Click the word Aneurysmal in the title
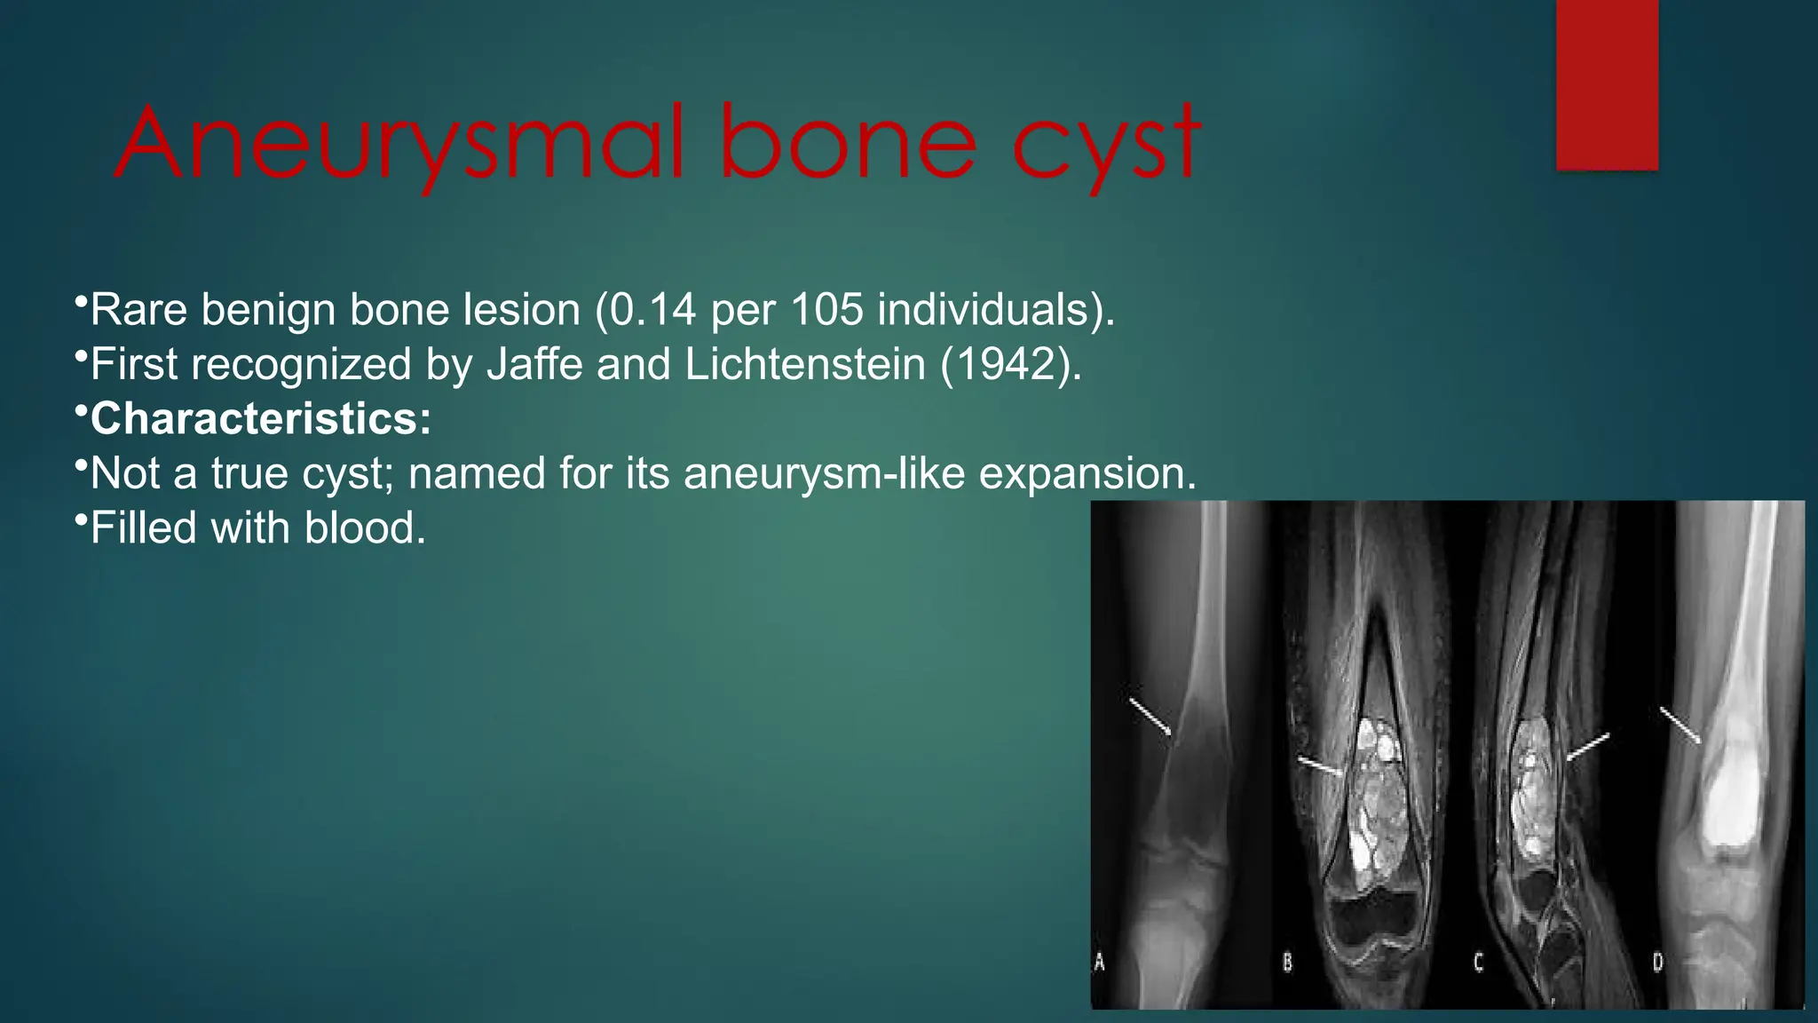click(x=399, y=144)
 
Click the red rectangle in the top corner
click(x=1607, y=84)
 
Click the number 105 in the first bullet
click(x=826, y=310)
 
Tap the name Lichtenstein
click(x=805, y=364)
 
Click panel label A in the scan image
click(x=1100, y=962)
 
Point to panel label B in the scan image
click(x=1287, y=962)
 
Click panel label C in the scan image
click(x=1478, y=962)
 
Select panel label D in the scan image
click(x=1657, y=962)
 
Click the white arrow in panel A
click(x=1150, y=717)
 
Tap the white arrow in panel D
click(x=1680, y=725)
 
